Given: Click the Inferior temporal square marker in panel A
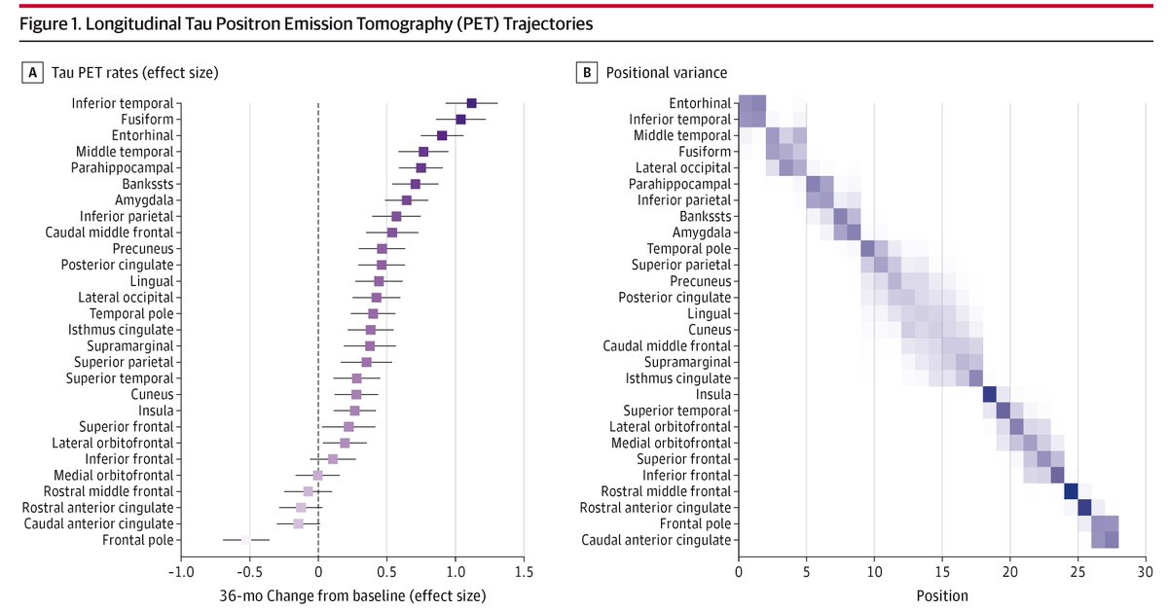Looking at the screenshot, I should pyautogui.click(x=472, y=103).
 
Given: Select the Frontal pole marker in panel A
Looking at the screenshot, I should pyautogui.click(x=246, y=539).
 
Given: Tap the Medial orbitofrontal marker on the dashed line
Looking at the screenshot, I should pyautogui.click(x=317, y=475).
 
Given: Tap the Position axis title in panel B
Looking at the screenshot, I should pyautogui.click(x=941, y=593).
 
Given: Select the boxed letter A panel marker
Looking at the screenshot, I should pyautogui.click(x=33, y=73).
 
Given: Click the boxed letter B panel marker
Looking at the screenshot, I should pyautogui.click(x=587, y=73).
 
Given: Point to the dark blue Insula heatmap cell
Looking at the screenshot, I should pyautogui.click(x=990, y=394).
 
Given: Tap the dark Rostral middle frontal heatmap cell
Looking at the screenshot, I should pyautogui.click(x=1071, y=491).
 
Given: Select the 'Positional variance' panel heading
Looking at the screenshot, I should pyautogui.click(x=666, y=73).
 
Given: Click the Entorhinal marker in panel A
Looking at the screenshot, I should pyautogui.click(x=442, y=135).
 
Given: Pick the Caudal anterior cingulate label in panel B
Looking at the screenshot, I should pyautogui.click(x=657, y=540).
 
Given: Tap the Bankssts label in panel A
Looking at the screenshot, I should pyautogui.click(x=148, y=184).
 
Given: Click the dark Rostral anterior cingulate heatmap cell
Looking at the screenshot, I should pyautogui.click(x=1084, y=507).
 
